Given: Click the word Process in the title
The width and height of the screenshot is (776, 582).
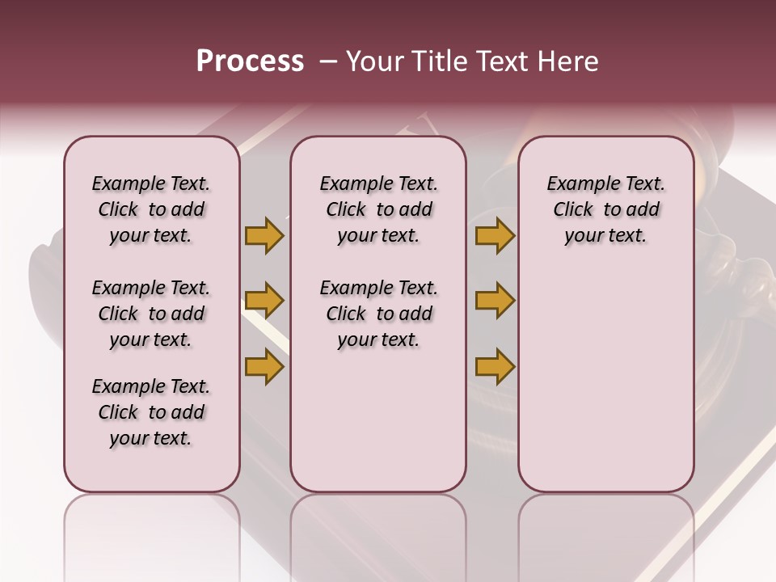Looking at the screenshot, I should [250, 61].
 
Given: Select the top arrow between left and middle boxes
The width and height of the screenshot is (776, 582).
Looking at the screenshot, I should [264, 235].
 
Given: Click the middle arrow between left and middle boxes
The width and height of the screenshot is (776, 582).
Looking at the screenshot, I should [264, 301].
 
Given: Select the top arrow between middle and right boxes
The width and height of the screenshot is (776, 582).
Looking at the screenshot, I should [495, 235].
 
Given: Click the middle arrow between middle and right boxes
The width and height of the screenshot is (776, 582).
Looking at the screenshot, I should [495, 301].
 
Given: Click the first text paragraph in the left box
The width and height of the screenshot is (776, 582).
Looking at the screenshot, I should [151, 209].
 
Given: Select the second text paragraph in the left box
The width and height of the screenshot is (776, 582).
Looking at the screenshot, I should [151, 314].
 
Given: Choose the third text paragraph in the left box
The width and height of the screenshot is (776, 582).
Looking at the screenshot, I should [151, 412].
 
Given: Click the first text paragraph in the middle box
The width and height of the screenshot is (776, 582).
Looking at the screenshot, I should [378, 209].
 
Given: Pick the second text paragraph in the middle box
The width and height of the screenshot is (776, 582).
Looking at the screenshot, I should [378, 314].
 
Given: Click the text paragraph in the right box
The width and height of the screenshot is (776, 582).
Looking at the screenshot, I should [605, 209].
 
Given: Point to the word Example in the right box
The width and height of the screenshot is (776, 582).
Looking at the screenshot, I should [575, 184].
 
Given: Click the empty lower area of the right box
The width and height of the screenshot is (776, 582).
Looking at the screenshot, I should [605, 388].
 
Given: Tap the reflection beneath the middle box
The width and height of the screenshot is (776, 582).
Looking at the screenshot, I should [378, 533].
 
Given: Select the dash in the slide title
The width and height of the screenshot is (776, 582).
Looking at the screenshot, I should [329, 61].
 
